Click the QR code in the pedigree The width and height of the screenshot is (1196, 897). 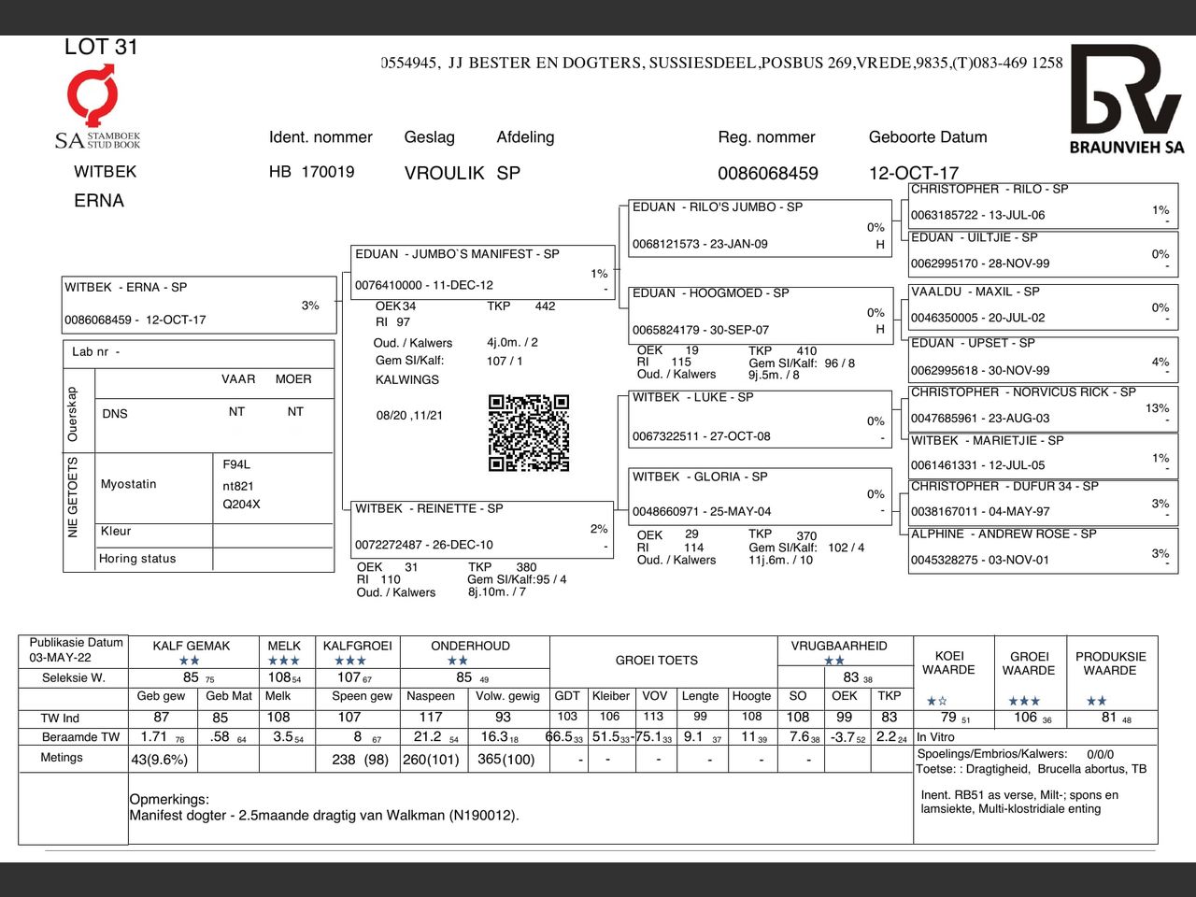[529, 433]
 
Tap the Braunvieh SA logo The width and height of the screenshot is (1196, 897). [1126, 98]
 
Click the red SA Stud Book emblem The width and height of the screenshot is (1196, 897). [93, 94]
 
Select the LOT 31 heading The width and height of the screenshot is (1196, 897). [101, 47]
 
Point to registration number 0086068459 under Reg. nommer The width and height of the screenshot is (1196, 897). [767, 174]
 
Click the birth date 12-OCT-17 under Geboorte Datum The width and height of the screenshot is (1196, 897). [913, 174]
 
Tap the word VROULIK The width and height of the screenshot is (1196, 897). [444, 174]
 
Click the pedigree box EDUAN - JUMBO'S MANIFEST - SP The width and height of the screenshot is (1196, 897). [482, 270]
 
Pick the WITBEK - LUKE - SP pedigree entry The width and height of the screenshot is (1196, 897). [759, 417]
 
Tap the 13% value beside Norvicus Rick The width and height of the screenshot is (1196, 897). [1157, 408]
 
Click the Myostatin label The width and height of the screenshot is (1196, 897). [129, 484]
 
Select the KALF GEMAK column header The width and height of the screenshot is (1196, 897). [191, 646]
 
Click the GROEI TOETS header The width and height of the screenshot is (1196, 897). [656, 661]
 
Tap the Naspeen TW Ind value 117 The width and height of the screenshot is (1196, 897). [430, 718]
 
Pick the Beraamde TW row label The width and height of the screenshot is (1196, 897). [81, 737]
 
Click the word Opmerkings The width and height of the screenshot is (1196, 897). [169, 800]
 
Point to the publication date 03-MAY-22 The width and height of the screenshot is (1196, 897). [60, 658]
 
